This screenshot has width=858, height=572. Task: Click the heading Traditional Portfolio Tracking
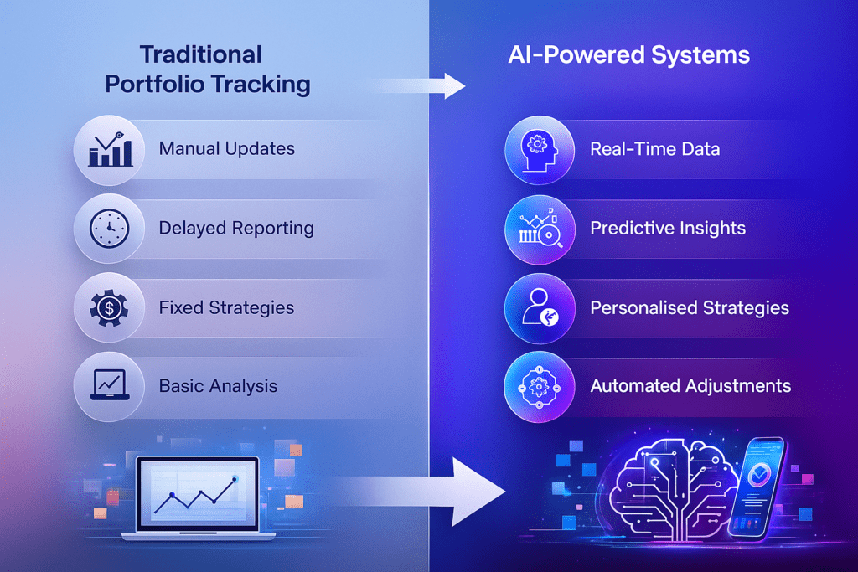pos(208,70)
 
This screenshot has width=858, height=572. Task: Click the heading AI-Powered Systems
pos(628,54)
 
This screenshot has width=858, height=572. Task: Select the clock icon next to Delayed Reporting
pos(110,228)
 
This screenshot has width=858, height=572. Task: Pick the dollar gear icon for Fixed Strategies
pos(110,308)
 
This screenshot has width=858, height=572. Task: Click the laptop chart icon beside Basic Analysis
pos(110,385)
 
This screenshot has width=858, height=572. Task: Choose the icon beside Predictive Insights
pos(540,229)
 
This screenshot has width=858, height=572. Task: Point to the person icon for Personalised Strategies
pos(540,307)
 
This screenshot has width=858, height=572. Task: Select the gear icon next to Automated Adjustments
pos(539,387)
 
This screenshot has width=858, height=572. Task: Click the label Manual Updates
pos(226,149)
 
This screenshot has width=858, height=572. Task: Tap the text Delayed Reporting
pos(236,228)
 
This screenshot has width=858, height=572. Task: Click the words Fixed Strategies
pos(226,308)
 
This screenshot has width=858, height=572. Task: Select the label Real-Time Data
pos(655,149)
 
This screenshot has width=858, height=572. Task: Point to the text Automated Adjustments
pos(690,386)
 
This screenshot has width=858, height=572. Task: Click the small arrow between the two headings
pos(419,86)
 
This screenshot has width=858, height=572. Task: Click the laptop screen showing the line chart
pos(198,494)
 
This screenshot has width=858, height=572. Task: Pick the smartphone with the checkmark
pos(757,487)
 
